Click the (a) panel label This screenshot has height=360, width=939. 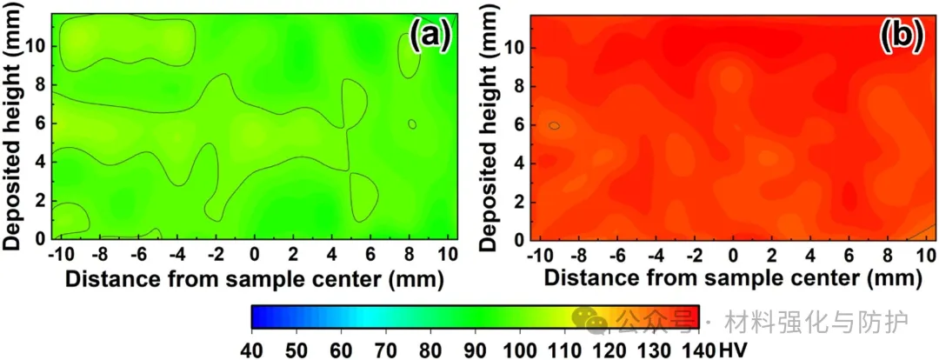430,36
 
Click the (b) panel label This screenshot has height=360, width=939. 901,36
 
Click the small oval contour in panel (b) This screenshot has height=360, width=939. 554,126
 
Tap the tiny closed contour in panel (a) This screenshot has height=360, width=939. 411,124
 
